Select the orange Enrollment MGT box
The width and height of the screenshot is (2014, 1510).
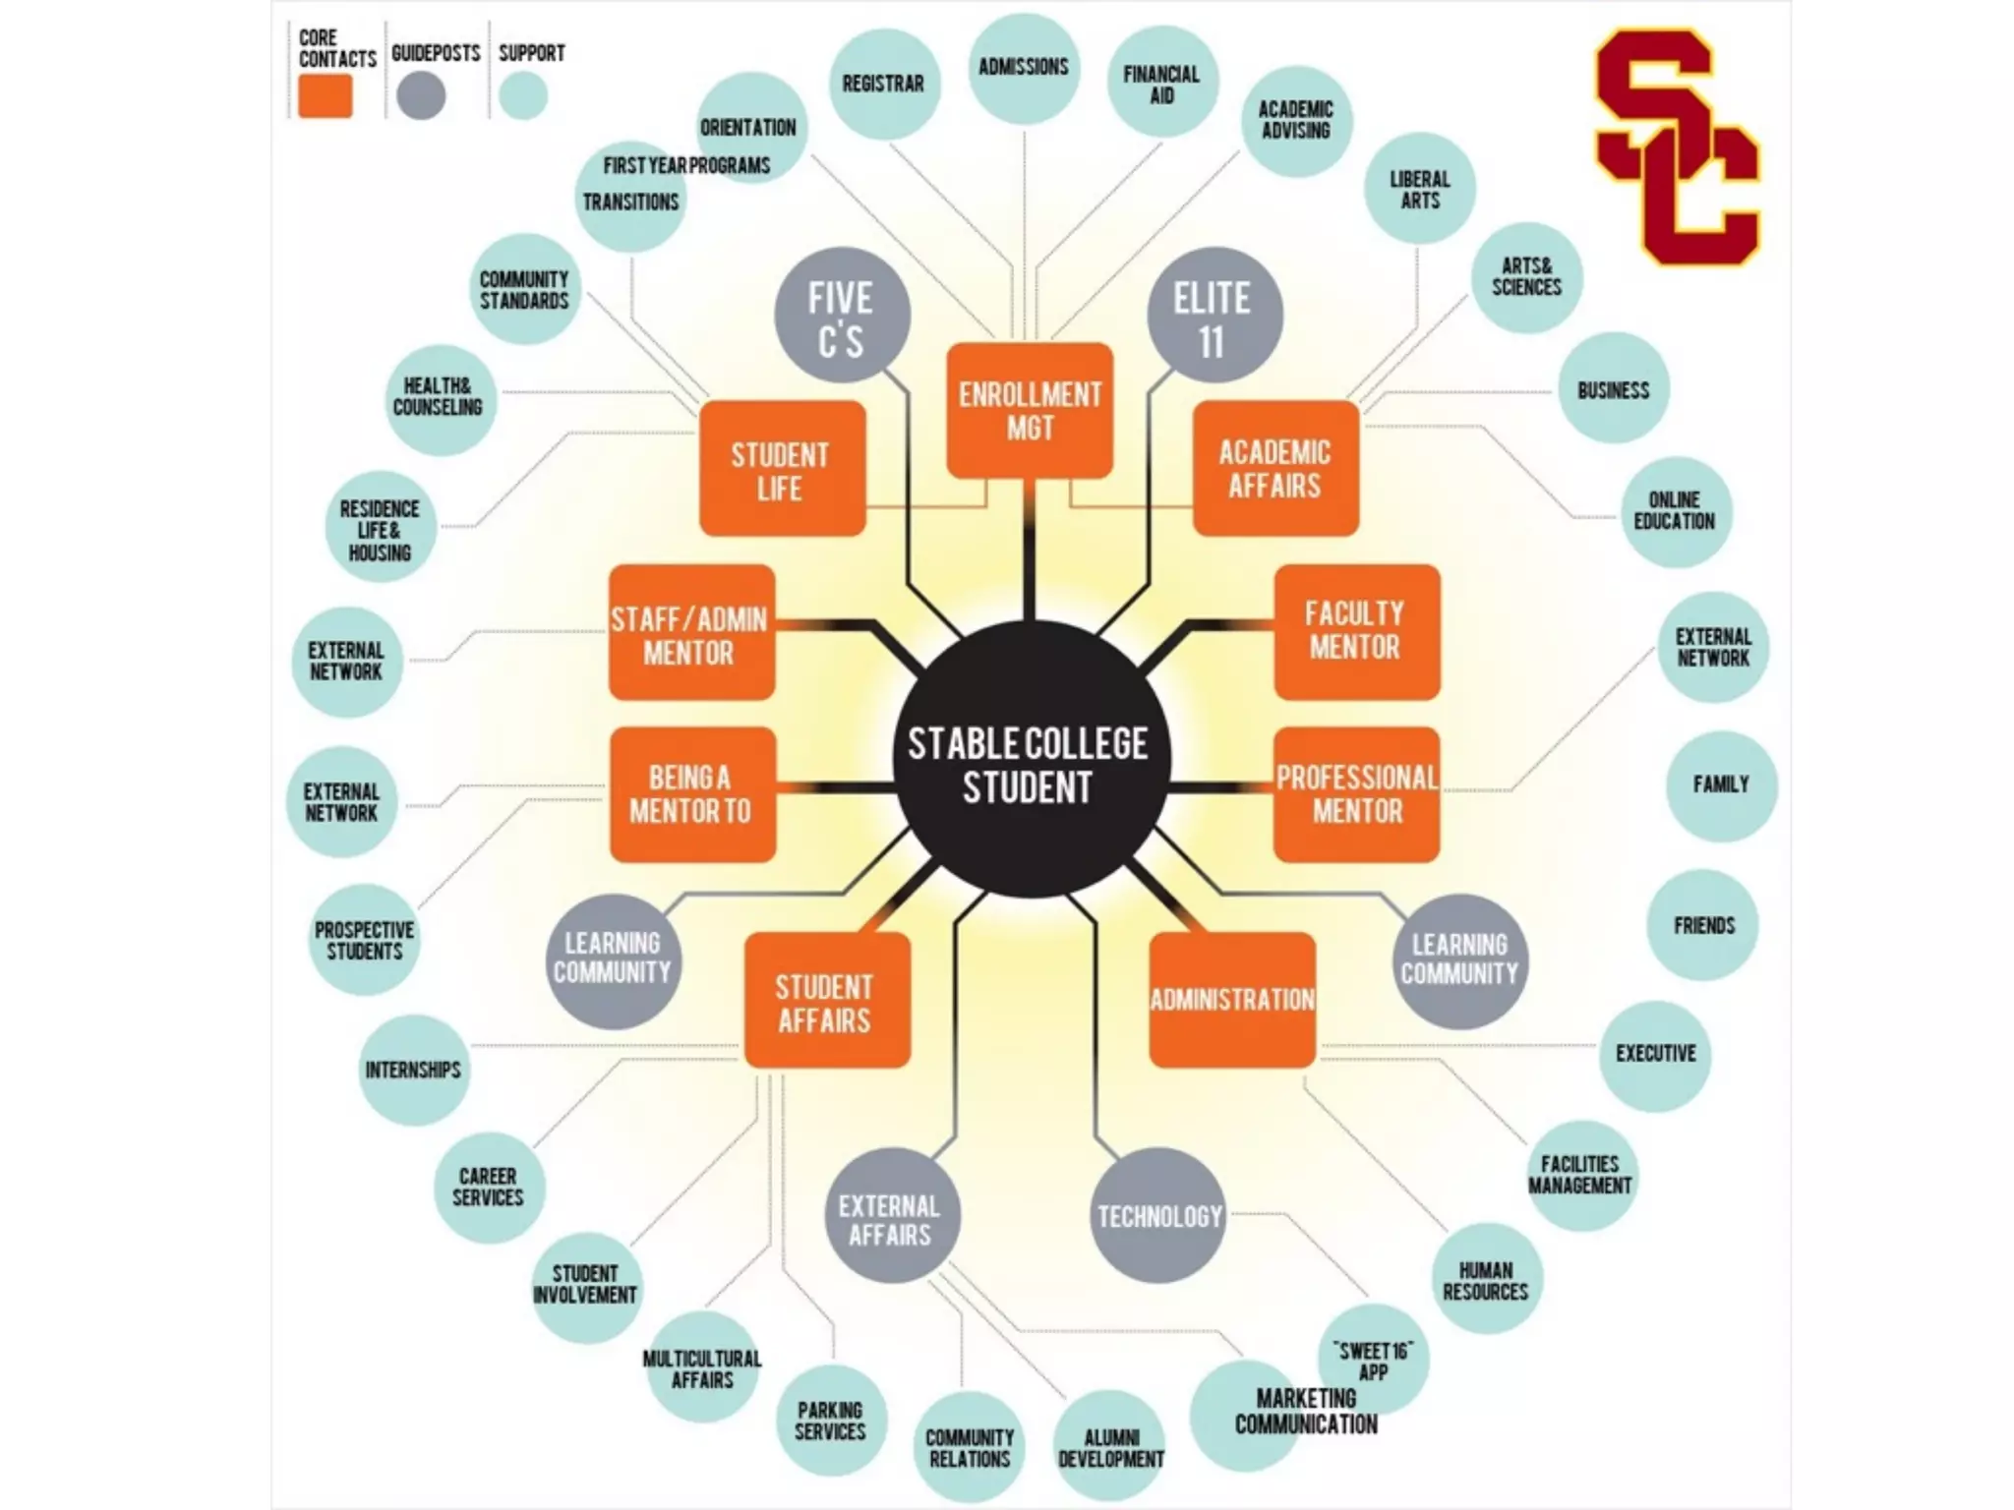tap(1030, 411)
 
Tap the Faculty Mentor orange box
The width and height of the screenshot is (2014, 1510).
tap(1356, 631)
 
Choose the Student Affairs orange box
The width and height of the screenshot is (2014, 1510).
tap(826, 1001)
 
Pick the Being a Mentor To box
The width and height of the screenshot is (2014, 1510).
tap(692, 794)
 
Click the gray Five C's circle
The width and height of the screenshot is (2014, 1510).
tap(842, 317)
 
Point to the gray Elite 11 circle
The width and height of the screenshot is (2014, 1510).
tap(1214, 317)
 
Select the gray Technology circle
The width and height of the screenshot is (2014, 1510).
tap(1160, 1215)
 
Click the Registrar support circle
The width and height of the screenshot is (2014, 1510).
tap(883, 84)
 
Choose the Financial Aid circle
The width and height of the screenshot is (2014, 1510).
tap(1162, 84)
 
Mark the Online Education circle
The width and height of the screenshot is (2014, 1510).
tap(1675, 511)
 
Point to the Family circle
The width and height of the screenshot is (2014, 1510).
tap(1721, 784)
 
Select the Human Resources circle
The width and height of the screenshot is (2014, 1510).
tap(1486, 1280)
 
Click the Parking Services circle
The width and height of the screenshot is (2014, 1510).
tap(831, 1421)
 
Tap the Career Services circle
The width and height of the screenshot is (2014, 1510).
tap(489, 1187)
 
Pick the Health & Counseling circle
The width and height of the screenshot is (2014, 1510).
tap(439, 397)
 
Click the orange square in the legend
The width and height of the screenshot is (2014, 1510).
tap(326, 97)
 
